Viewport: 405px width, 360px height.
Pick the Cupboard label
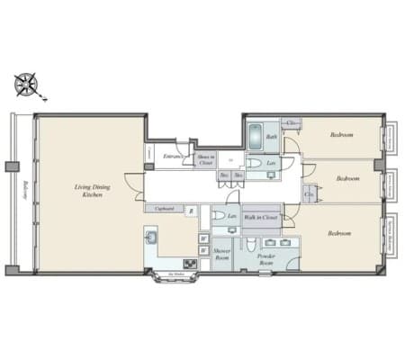pyautogui.click(x=165, y=209)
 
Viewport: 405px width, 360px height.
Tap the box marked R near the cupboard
pyautogui.click(x=191, y=211)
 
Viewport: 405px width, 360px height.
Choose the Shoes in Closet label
pyautogui.click(x=205, y=159)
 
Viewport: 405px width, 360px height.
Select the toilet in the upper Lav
pyautogui.click(x=256, y=164)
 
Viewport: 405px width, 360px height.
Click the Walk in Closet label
pyautogui.click(x=259, y=217)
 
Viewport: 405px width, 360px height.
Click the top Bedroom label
pyautogui.click(x=341, y=135)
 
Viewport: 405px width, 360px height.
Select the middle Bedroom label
pyautogui.click(x=347, y=178)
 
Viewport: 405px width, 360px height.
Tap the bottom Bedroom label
pyautogui.click(x=338, y=233)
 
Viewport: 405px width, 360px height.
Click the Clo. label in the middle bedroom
pyautogui.click(x=309, y=192)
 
